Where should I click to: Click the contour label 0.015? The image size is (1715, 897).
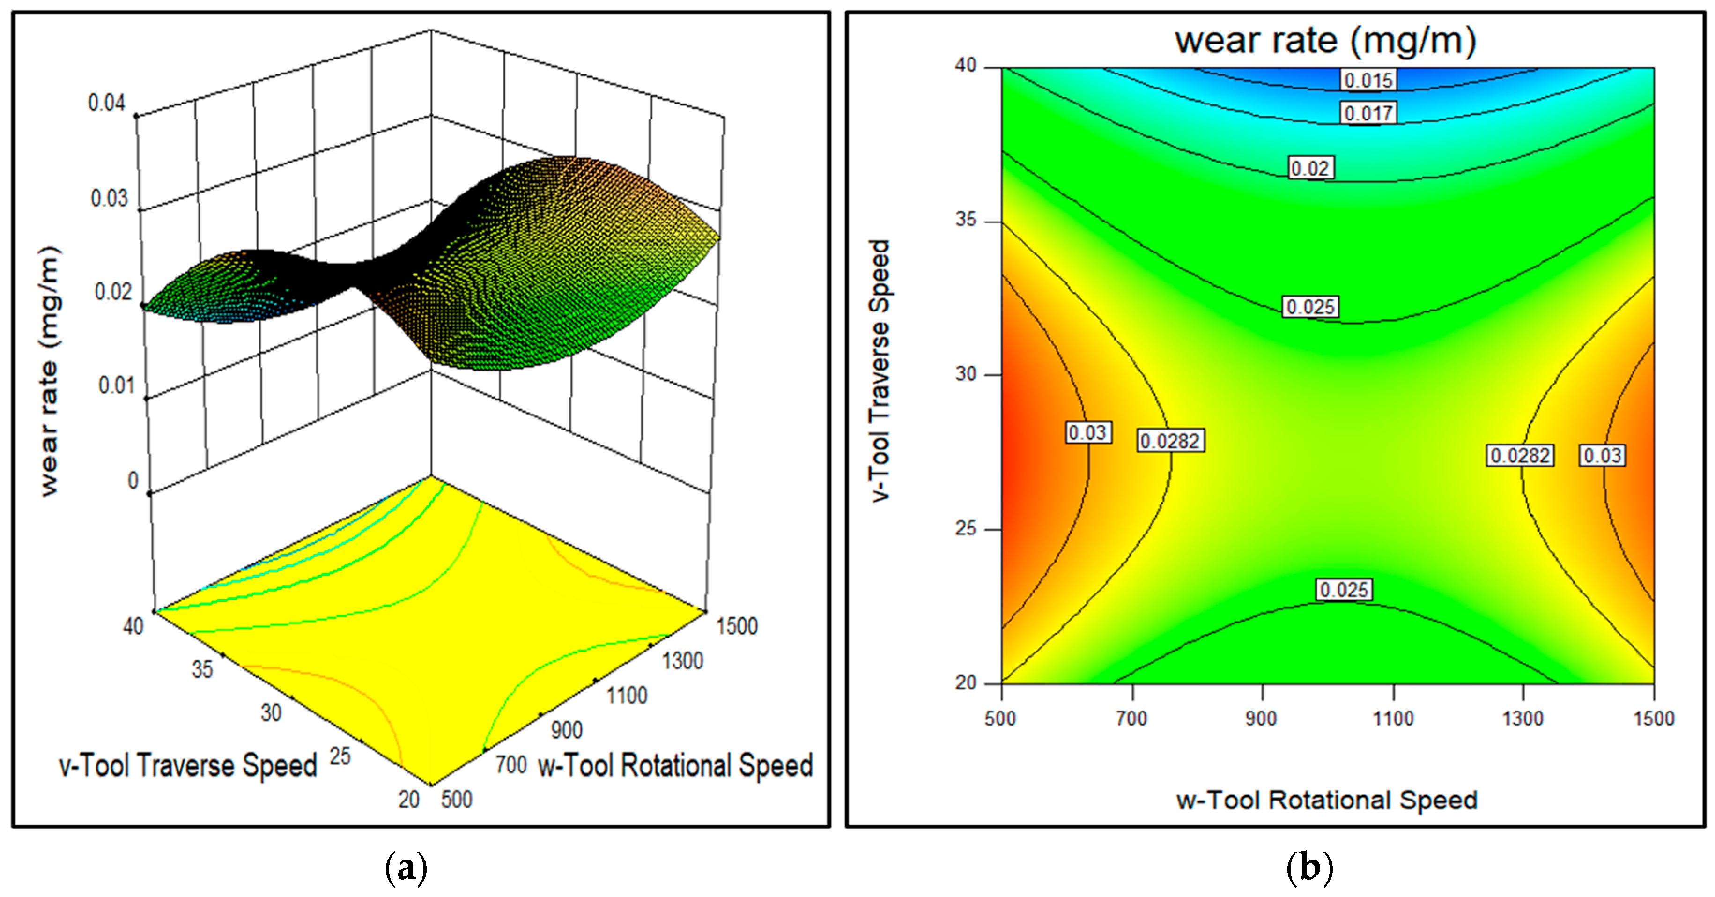[x=1368, y=81]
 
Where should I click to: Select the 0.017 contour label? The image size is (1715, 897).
[x=1368, y=113]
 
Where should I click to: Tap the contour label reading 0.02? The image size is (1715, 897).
[x=1310, y=168]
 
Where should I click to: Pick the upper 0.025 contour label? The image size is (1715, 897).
[x=1310, y=307]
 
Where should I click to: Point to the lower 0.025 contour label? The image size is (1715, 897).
[x=1344, y=590]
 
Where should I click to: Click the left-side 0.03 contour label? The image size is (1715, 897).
[x=1087, y=433]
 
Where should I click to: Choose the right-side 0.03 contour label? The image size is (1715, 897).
[x=1603, y=456]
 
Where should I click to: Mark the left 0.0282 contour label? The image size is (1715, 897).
[x=1170, y=441]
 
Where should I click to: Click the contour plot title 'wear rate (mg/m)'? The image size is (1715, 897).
[x=1325, y=41]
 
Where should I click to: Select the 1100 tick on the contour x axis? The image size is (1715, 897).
[x=1393, y=719]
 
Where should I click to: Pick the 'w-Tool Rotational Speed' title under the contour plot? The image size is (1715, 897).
[x=1326, y=800]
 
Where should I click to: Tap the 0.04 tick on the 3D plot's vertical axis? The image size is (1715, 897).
[x=106, y=103]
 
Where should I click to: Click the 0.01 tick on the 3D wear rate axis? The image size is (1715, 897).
[x=117, y=385]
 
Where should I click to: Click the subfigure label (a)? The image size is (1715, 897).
[x=406, y=867]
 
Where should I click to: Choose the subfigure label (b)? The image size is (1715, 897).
[x=1309, y=867]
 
